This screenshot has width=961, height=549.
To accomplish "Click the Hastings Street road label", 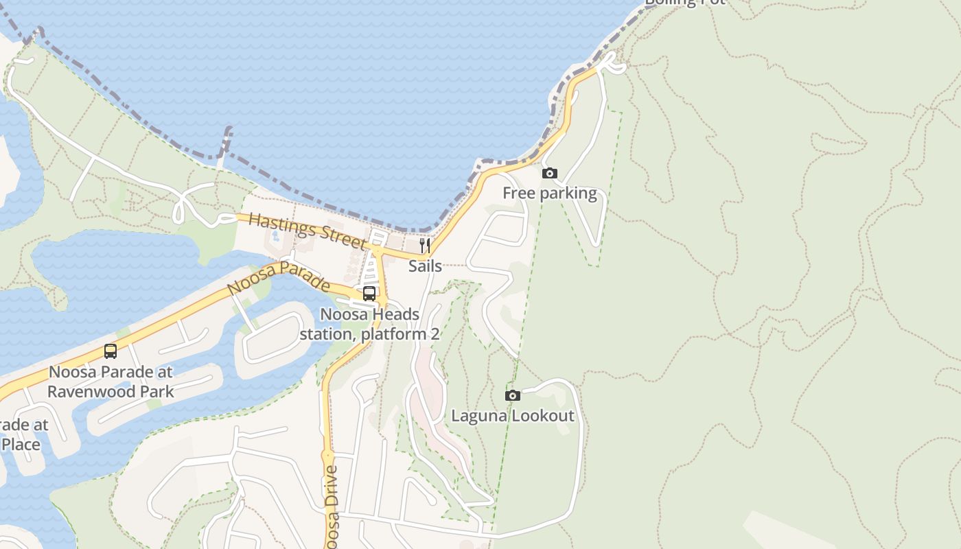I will tap(308, 231).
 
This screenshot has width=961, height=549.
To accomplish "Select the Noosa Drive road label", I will tap(332, 505).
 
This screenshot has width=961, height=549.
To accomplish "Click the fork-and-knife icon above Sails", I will tap(425, 246).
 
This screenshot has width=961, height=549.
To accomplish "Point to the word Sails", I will tap(425, 266).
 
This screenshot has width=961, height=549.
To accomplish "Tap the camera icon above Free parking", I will tap(549, 173).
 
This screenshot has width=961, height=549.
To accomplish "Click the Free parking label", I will tap(549, 193).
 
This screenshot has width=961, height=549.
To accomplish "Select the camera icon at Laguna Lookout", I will tap(512, 395).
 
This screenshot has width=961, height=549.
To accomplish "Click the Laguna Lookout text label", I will tap(512, 416).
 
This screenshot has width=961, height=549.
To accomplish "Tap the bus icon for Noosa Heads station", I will tap(369, 294).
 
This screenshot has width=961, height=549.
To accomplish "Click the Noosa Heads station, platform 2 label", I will tap(369, 325).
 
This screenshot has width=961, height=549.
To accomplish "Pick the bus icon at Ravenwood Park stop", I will tap(111, 351).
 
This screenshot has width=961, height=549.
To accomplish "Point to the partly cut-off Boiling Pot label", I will tap(684, 3).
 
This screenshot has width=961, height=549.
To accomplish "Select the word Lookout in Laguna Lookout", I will tap(542, 416).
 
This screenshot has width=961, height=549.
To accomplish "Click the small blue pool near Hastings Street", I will tap(275, 237).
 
